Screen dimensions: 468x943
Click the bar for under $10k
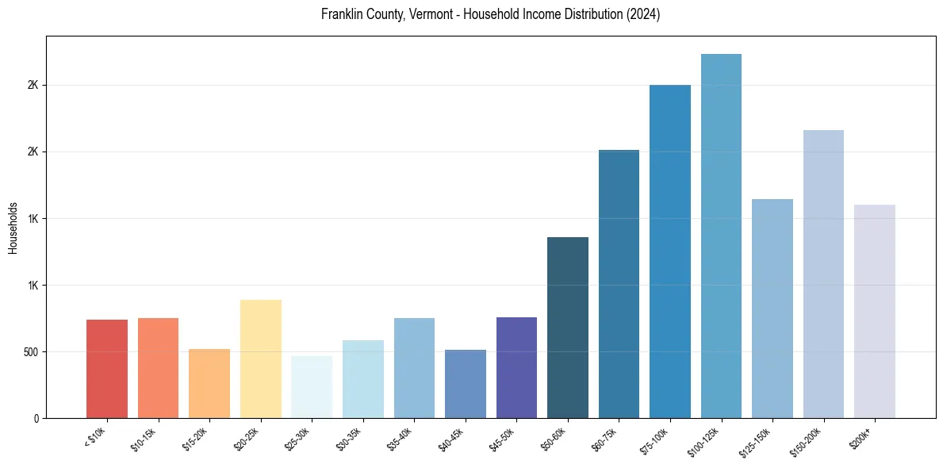click(107, 369)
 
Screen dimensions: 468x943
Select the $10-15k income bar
click(158, 368)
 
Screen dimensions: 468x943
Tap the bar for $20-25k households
click(260, 359)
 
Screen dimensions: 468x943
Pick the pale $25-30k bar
click(312, 387)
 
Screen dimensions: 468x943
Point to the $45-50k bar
click(516, 367)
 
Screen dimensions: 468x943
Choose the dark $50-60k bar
click(568, 328)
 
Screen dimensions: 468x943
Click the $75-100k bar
click(670, 251)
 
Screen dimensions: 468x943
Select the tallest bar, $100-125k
click(721, 236)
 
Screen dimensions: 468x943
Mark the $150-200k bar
click(823, 274)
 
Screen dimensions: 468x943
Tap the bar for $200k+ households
click(875, 311)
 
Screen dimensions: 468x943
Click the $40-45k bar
click(466, 384)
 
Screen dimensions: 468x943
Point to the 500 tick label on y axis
click(30, 352)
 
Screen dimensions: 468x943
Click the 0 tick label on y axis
click(36, 418)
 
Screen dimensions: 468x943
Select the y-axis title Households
click(13, 227)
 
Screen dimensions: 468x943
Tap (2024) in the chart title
click(643, 14)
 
